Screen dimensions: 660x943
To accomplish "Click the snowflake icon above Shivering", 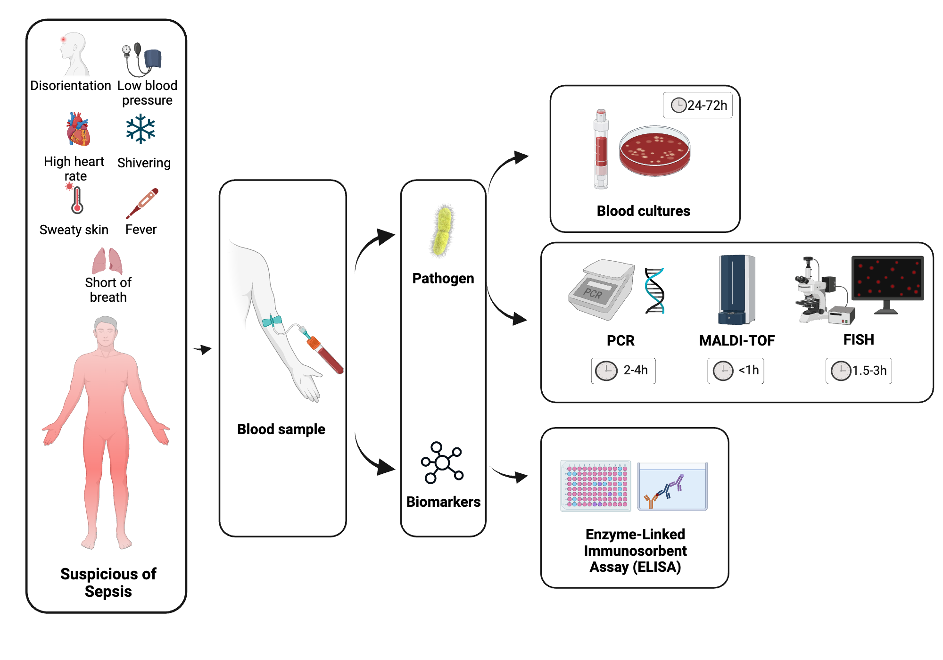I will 141,129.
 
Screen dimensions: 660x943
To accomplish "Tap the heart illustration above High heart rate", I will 78,130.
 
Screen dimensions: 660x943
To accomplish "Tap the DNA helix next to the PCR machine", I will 654,291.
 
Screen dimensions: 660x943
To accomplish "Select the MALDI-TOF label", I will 736,340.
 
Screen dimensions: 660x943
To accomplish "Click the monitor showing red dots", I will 887,280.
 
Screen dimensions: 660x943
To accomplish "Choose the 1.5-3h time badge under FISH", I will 859,371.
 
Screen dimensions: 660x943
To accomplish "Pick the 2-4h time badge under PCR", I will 623,371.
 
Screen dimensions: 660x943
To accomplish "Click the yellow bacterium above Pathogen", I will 442,231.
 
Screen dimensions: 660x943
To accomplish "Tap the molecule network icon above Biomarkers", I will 442,462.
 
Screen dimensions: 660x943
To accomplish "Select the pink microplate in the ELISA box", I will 596,486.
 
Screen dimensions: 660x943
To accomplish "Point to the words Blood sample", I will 281,429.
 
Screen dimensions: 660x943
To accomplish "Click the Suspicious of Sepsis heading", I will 108,582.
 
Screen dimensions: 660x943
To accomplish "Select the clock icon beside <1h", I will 723,371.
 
